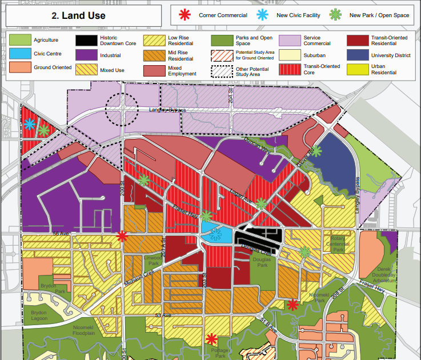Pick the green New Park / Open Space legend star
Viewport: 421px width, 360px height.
338,15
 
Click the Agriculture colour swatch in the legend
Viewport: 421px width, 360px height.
19,39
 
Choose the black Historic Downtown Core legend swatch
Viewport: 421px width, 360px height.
86,39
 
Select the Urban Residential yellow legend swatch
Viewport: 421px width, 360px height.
358,69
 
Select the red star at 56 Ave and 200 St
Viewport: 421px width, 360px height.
122,235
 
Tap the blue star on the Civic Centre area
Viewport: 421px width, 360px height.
215,233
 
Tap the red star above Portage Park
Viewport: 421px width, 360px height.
212,338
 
